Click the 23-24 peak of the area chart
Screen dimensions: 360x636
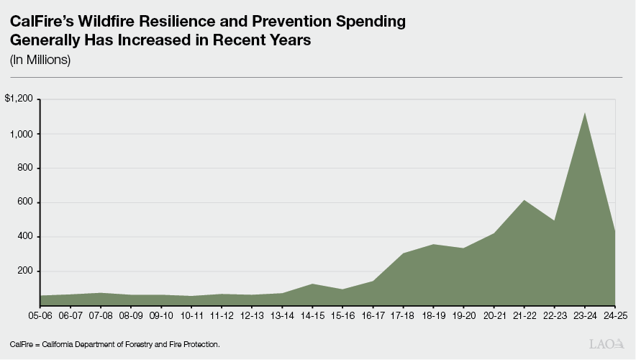click(x=585, y=114)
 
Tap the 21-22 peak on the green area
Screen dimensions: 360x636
click(x=524, y=201)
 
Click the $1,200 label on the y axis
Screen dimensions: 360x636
click(x=19, y=99)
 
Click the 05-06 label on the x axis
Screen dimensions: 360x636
click(x=40, y=315)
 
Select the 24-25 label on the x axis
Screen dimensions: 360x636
click(x=615, y=315)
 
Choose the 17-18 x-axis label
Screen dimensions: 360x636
click(x=404, y=315)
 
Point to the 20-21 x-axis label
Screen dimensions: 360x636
click(x=494, y=315)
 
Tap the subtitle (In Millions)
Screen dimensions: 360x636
click(x=40, y=60)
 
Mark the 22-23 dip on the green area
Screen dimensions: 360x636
click(x=555, y=221)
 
